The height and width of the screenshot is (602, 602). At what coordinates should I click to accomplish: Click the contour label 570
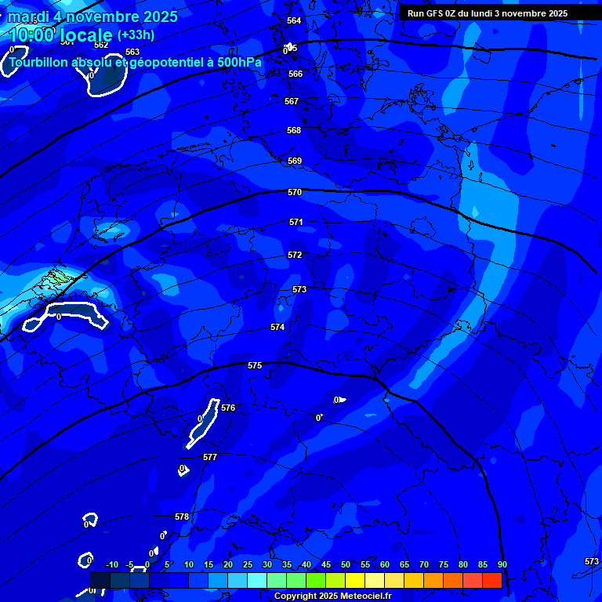click(295, 192)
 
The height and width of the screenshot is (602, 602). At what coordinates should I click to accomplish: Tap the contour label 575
click(255, 366)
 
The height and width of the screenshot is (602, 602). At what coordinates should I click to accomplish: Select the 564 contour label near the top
click(294, 20)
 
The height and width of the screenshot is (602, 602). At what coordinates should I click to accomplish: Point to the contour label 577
click(210, 457)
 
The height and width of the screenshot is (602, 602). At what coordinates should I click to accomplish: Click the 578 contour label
click(182, 517)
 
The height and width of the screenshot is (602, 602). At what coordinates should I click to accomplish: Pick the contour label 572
click(295, 255)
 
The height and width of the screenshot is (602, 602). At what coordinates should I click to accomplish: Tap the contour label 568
click(293, 130)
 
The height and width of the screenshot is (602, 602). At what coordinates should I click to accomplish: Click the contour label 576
click(228, 408)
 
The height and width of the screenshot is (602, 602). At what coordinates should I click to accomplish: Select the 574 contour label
click(277, 327)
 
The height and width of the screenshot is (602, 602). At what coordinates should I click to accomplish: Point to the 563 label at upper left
click(132, 53)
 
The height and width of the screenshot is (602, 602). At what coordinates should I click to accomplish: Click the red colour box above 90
click(491, 580)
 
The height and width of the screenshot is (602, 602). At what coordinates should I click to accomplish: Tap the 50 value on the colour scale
click(345, 565)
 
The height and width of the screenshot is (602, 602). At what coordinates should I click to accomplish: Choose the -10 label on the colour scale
click(111, 565)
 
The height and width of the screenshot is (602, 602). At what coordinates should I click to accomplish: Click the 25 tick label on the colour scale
click(248, 565)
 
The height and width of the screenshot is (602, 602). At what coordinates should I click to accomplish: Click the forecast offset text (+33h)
click(136, 34)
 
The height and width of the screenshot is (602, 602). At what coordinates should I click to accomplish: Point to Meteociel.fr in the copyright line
click(366, 597)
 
